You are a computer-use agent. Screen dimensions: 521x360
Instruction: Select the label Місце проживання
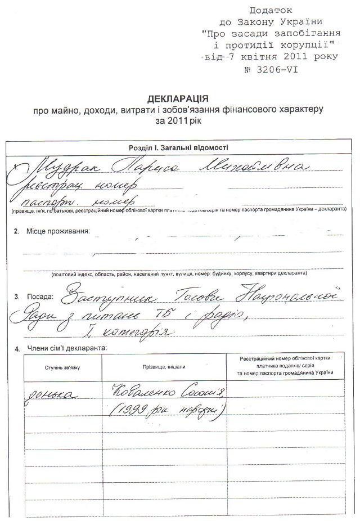57,231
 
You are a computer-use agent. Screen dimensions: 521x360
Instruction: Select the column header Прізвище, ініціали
164,366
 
